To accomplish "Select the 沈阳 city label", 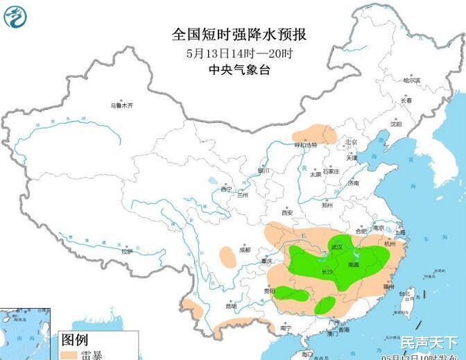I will coord(396,124).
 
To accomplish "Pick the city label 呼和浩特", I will coord(305,145).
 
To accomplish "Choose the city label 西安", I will coord(287,212).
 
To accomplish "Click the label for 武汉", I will coord(337,246).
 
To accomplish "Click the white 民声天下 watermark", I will coord(429,342).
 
